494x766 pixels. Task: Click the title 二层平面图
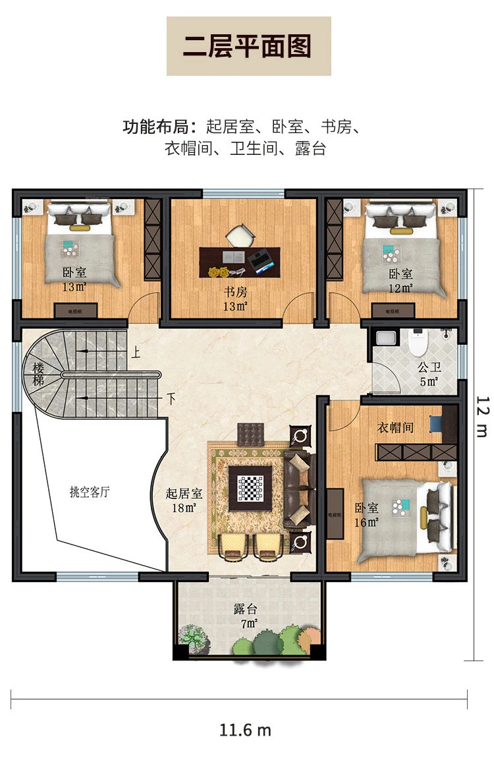(x=248, y=47)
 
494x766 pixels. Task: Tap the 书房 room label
(x=234, y=291)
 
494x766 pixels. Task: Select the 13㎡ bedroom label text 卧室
(x=75, y=272)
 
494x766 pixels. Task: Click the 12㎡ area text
(x=400, y=288)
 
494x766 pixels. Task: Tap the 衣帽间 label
(x=395, y=428)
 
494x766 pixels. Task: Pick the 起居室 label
(x=184, y=493)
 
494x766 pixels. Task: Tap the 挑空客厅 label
(x=90, y=492)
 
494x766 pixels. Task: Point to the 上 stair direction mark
(x=136, y=353)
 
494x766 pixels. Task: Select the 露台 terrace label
(x=246, y=608)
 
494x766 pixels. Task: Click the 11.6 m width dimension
(x=245, y=730)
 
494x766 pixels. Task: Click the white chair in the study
(x=240, y=235)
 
